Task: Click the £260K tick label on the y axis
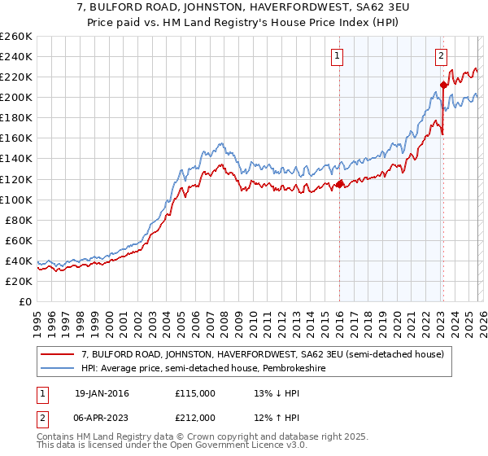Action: (x=15, y=37)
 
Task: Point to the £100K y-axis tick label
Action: (x=15, y=199)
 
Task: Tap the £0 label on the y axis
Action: (x=24, y=301)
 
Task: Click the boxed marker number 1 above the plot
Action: (x=337, y=56)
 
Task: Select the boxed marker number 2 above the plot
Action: (x=440, y=56)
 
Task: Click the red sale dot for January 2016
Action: (x=339, y=184)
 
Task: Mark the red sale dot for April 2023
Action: (x=443, y=85)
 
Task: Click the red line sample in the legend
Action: (x=59, y=355)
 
